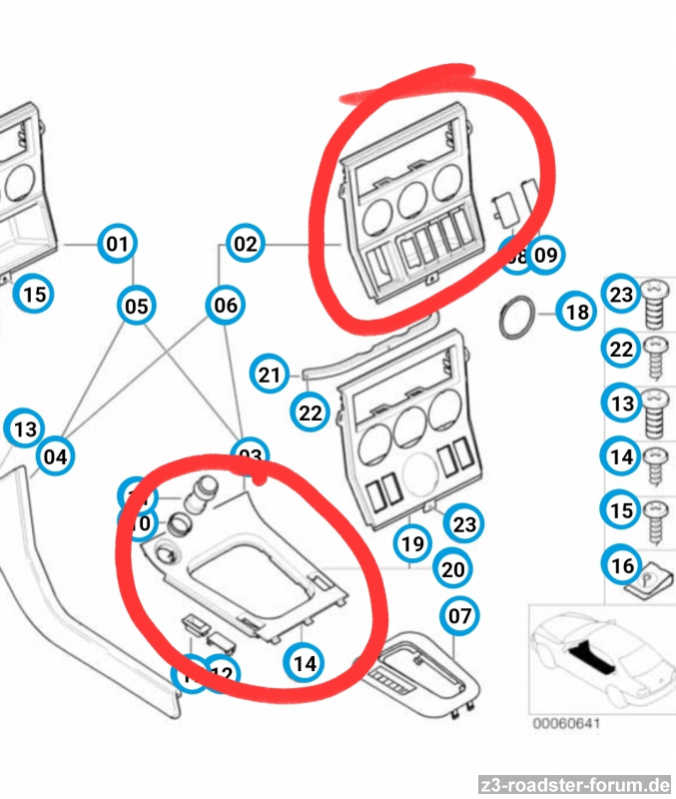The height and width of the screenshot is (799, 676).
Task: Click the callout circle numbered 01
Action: coord(117,244)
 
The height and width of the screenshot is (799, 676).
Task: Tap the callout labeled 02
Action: coord(245,244)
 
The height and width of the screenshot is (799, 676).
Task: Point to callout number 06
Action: coord(226,305)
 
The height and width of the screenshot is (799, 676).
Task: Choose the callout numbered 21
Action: coord(268,376)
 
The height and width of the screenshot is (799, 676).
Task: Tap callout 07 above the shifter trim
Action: coord(459,616)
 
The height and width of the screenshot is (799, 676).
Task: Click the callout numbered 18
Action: coord(577,313)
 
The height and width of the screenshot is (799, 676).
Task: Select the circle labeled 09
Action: coord(544,257)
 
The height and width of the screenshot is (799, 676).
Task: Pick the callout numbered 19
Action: coord(412,544)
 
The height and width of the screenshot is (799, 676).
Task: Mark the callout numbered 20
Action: coord(453,569)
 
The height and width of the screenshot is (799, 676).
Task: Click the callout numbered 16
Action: coord(622,566)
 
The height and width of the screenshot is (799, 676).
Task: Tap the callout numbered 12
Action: coord(222,674)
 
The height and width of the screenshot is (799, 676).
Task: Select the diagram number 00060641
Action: coord(565,723)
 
